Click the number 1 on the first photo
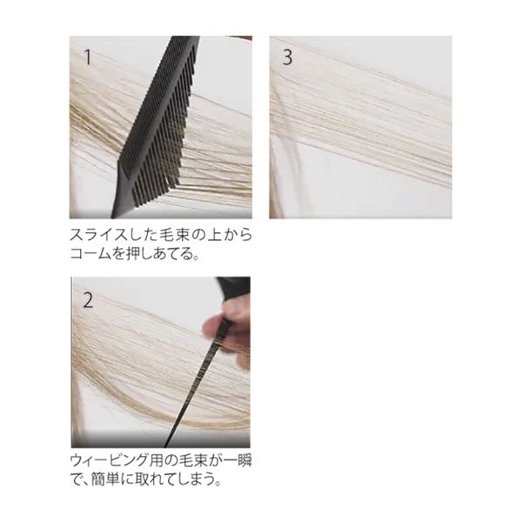[88, 57]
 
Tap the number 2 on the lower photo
[88, 300]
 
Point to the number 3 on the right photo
[287, 57]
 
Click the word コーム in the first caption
[90, 254]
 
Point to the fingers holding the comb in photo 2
[227, 336]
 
